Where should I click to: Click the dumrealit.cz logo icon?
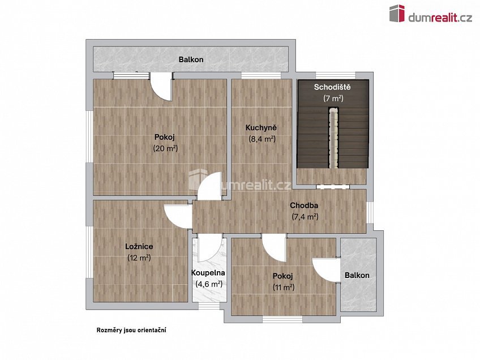click(397, 14)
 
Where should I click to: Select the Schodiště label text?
click(333, 87)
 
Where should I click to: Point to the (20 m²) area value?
click(165, 148)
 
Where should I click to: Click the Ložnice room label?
click(139, 247)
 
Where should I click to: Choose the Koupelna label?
click(208, 273)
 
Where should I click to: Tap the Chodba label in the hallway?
click(304, 205)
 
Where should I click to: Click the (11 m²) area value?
click(283, 288)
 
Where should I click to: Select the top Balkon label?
click(191, 59)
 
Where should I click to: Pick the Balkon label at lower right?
click(357, 276)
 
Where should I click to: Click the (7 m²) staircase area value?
click(333, 98)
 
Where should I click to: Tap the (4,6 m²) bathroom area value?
click(208, 284)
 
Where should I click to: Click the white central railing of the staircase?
click(333, 138)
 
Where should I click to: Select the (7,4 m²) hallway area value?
click(305, 217)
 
